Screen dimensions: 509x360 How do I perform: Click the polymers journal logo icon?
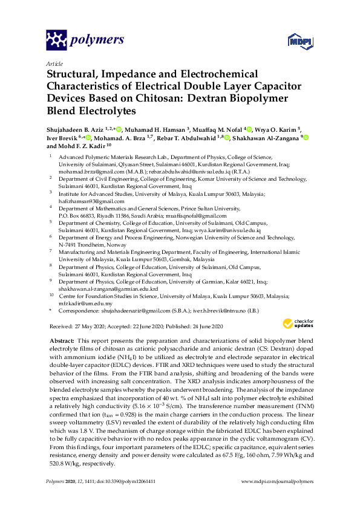[x=56, y=41]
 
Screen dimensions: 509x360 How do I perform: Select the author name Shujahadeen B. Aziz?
[x=76, y=129]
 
